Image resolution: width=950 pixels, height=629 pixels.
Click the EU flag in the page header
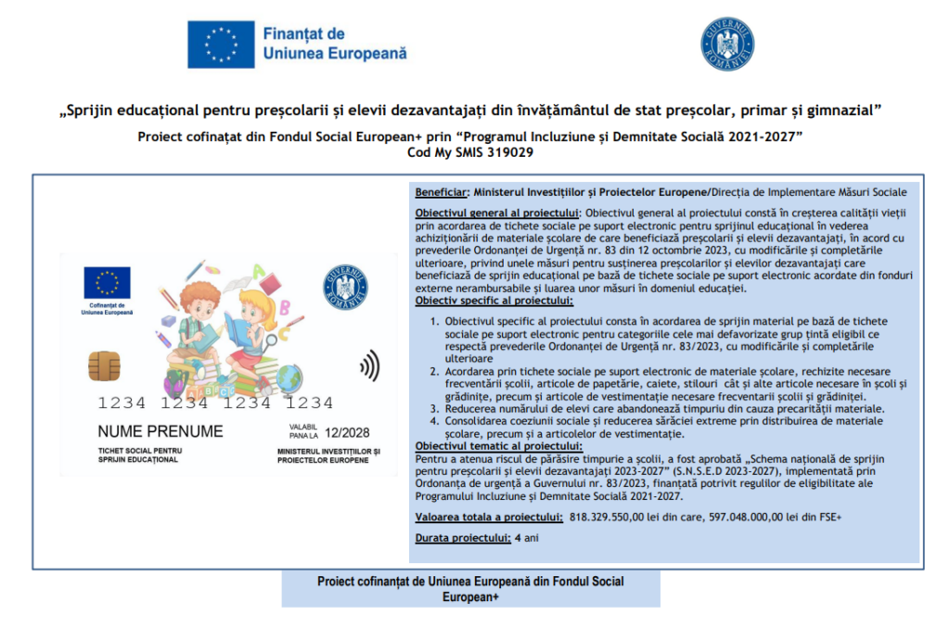click(221, 44)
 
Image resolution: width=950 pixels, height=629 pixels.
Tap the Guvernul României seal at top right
click(726, 44)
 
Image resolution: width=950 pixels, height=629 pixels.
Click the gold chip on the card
click(102, 365)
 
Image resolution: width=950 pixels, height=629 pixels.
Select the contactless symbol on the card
click(369, 365)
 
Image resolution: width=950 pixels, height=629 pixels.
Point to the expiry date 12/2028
click(350, 432)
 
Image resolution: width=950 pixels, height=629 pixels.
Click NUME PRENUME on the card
click(160, 431)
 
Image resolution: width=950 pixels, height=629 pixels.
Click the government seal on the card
click(345, 288)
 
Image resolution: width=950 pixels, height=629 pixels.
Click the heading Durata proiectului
click(462, 537)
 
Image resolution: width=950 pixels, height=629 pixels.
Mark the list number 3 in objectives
click(436, 408)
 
